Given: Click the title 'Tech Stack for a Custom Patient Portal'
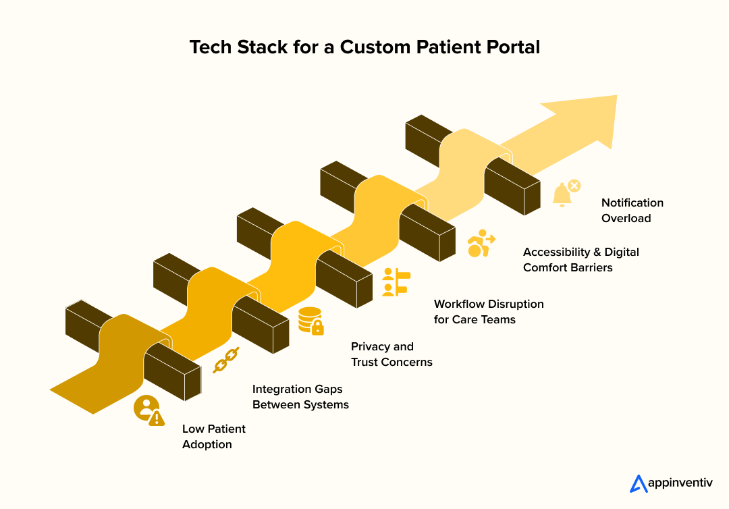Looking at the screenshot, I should point(364,47).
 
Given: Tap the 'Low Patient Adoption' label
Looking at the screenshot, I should point(213,437).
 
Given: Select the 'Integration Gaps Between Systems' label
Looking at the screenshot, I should point(300,397).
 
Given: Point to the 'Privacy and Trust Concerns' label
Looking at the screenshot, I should point(391,354).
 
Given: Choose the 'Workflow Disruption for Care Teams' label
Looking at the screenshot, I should point(488,312).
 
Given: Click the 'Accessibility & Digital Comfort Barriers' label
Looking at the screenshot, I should point(580,260).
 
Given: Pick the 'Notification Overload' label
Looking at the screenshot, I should point(632,211).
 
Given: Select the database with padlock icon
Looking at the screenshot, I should point(310,321).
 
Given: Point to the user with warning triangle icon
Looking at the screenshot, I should point(148,410).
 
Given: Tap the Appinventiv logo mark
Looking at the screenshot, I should point(638,483).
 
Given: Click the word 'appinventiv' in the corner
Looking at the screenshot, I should point(680,483).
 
